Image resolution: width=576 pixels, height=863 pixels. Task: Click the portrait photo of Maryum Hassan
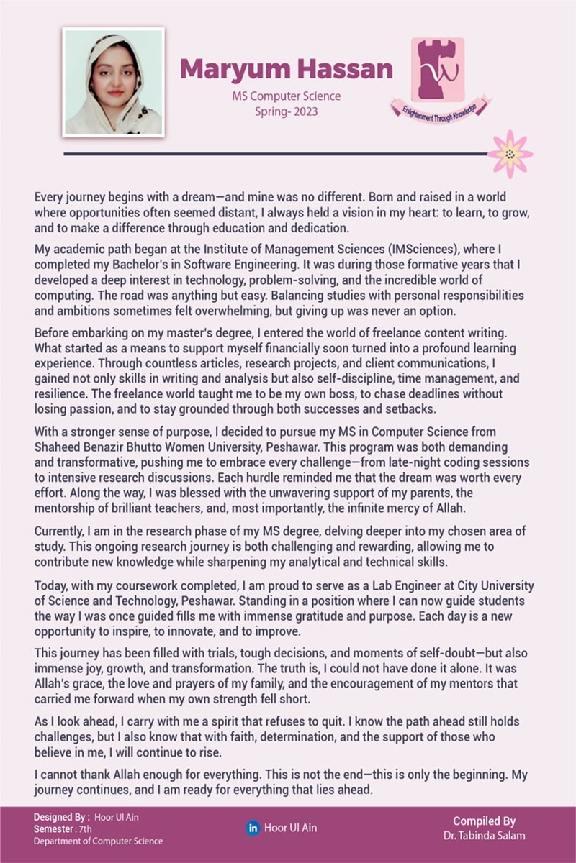(x=113, y=82)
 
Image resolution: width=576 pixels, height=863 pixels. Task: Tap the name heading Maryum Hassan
(x=286, y=69)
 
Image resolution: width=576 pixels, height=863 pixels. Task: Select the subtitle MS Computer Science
(x=286, y=96)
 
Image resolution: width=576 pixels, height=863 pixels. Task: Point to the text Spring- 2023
(x=286, y=111)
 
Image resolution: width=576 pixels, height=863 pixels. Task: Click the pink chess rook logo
(x=437, y=69)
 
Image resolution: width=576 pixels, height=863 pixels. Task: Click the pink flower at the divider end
(x=510, y=153)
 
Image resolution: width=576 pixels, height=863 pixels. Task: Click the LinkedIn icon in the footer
(x=253, y=828)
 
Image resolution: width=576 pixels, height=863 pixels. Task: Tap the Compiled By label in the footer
(x=484, y=821)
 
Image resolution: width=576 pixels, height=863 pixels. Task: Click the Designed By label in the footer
(x=62, y=817)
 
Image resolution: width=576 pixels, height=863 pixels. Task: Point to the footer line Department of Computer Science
(x=98, y=841)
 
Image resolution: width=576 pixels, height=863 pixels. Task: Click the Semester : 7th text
(x=60, y=828)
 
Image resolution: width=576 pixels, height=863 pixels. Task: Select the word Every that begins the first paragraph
(x=49, y=196)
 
